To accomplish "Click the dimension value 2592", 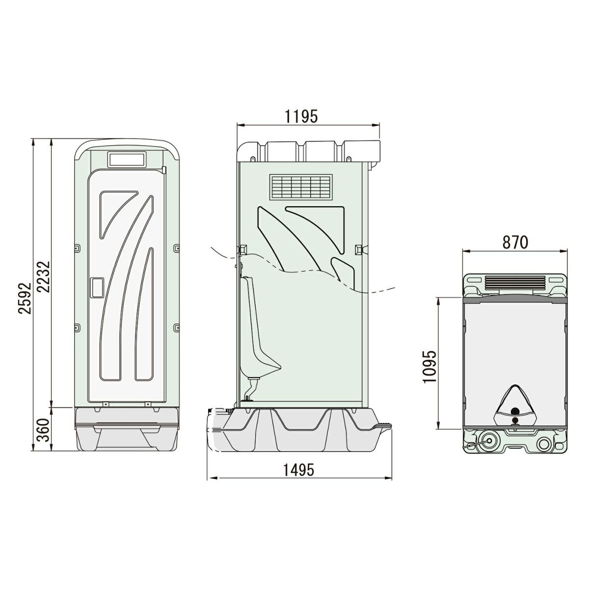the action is pos(25,298).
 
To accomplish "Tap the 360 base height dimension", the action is pos(43,430).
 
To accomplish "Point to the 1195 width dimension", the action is pos(301,116).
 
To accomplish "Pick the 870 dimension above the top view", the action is pos(515,242).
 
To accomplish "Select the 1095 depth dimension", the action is pos(429,367).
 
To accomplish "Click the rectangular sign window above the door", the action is pos(127,160).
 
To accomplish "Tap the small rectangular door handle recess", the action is pos(97,287).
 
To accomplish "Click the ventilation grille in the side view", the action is pos(301,187).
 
